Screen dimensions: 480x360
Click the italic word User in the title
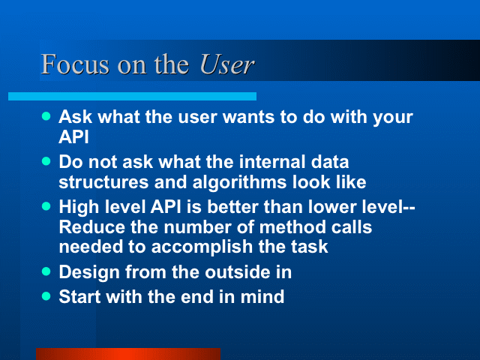226,64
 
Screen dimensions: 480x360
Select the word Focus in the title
75,64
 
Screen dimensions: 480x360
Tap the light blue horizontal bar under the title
132,97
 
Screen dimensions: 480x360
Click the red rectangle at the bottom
128,354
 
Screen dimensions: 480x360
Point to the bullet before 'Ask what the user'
46,116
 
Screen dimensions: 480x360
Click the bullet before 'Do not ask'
46,161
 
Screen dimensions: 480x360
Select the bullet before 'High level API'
46,206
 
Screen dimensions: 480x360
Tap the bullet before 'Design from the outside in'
46,271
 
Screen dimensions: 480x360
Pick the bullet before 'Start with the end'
46,296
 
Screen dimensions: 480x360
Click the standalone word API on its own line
73,136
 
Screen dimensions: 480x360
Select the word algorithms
239,182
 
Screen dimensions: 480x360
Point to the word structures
103,182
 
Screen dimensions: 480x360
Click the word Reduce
91,227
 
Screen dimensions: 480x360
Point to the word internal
272,162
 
